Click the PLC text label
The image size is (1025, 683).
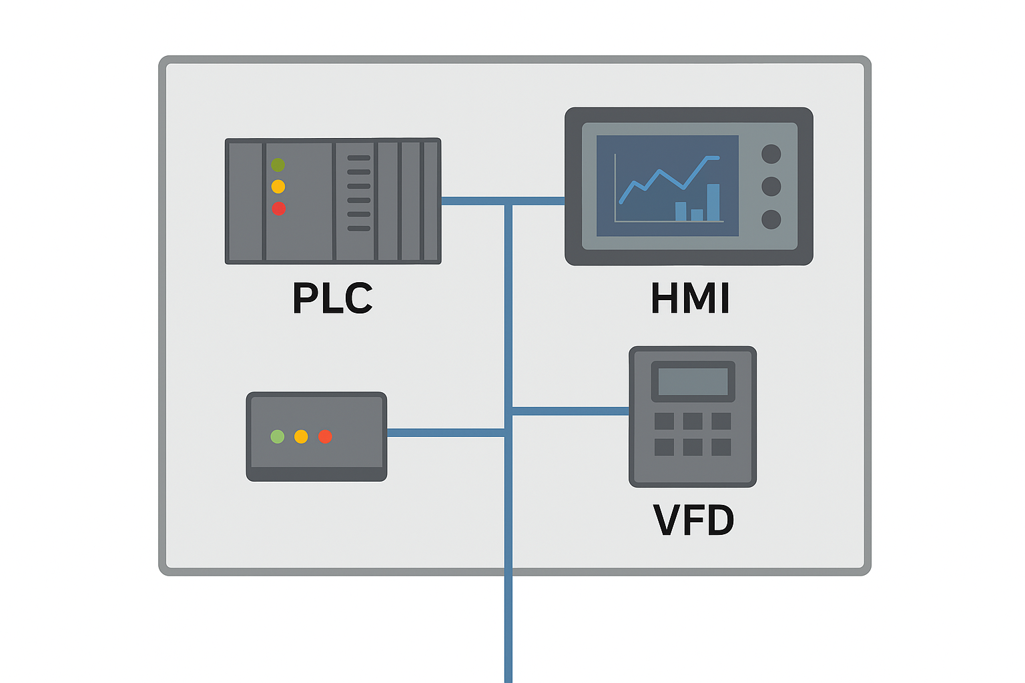click(x=332, y=298)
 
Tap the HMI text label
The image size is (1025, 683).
click(x=690, y=298)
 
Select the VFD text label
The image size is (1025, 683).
click(x=693, y=520)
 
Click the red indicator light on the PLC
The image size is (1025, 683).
click(x=278, y=209)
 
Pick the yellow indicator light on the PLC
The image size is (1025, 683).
click(x=278, y=187)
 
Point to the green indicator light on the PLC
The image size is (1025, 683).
click(x=278, y=165)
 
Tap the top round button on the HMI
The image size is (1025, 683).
click(x=771, y=154)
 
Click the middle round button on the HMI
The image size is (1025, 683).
click(x=771, y=186)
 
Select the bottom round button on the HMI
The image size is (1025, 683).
click(x=771, y=219)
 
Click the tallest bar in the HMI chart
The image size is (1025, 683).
click(x=713, y=202)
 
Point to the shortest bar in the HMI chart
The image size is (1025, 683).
click(x=697, y=215)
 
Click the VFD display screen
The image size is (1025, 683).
click(x=693, y=382)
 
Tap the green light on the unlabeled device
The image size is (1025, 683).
click(x=278, y=437)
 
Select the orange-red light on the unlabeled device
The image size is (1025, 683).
click(x=325, y=437)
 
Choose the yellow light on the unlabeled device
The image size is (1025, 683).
click(x=301, y=437)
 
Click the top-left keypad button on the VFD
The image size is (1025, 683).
click(x=664, y=421)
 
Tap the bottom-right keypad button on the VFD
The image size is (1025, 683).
click(x=721, y=447)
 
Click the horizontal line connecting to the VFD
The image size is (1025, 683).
click(x=570, y=411)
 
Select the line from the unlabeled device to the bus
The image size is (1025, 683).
click(x=445, y=433)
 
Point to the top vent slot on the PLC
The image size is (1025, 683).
click(x=358, y=158)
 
